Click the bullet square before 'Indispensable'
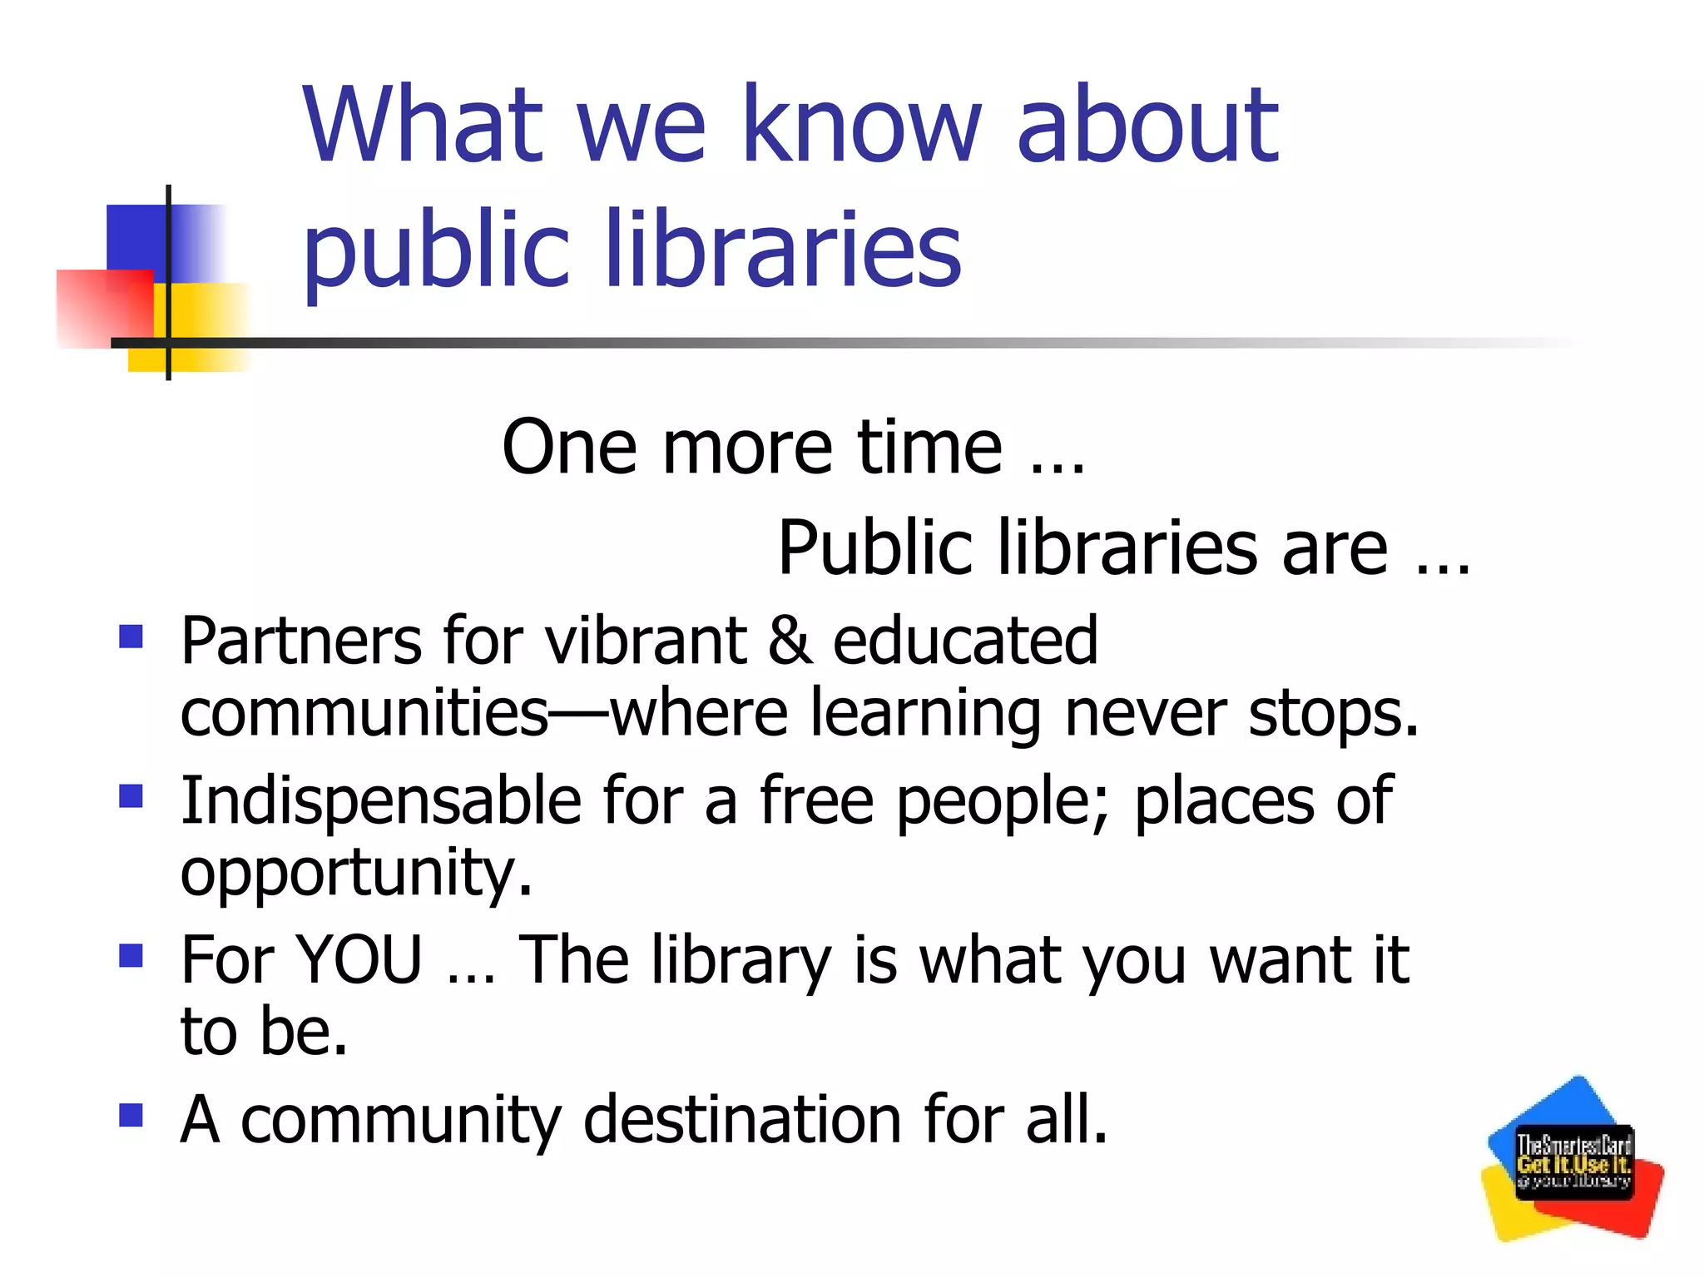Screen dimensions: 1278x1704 coord(131,796)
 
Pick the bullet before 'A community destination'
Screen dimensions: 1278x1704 coord(131,1115)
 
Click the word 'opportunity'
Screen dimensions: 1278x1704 coord(356,874)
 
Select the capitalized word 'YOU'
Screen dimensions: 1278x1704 coord(359,960)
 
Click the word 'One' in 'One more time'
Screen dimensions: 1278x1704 coord(570,448)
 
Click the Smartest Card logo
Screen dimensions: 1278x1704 coord(1573,1160)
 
